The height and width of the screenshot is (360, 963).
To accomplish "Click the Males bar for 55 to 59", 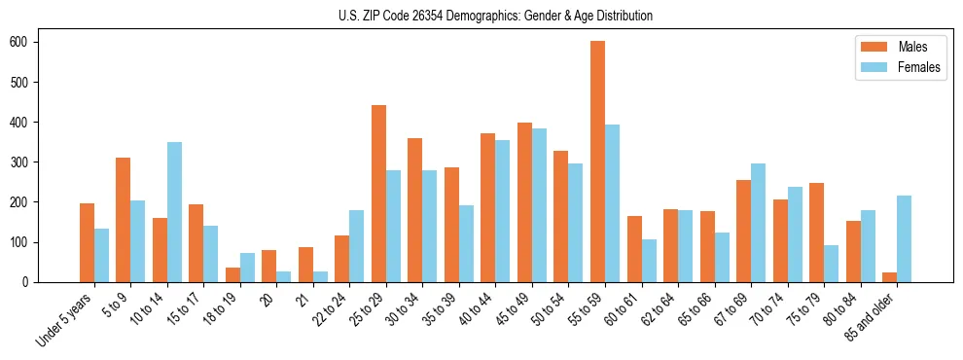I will click(597, 162).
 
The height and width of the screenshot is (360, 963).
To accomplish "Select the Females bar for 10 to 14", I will click(174, 212).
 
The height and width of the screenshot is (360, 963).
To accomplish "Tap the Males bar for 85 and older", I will click(889, 276).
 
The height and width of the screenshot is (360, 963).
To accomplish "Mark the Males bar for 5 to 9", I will click(123, 220).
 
